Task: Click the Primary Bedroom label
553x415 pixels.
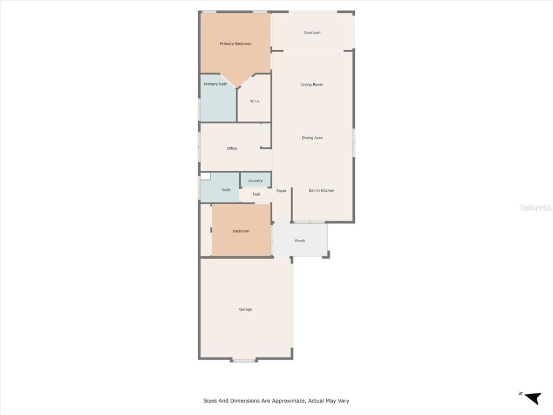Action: [x=235, y=44]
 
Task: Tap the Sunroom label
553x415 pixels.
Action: [x=312, y=32]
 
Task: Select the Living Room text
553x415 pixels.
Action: [x=312, y=84]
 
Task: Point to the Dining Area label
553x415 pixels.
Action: [x=312, y=138]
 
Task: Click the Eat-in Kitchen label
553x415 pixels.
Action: [x=321, y=191]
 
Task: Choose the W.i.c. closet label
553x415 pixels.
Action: [x=255, y=101]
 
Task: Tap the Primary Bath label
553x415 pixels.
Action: [x=215, y=84]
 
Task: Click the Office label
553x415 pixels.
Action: [x=232, y=148]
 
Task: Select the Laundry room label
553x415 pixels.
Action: [x=255, y=180]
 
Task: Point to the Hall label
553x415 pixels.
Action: [x=257, y=195]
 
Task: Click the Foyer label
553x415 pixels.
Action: [x=281, y=191]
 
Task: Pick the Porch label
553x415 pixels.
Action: [x=300, y=240]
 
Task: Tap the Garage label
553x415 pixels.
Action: [x=246, y=309]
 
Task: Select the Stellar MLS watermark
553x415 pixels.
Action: [x=536, y=207]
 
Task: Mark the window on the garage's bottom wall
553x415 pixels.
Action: [x=244, y=360]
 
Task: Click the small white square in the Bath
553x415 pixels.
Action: [x=206, y=177]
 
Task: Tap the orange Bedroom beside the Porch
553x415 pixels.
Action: [x=241, y=230]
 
